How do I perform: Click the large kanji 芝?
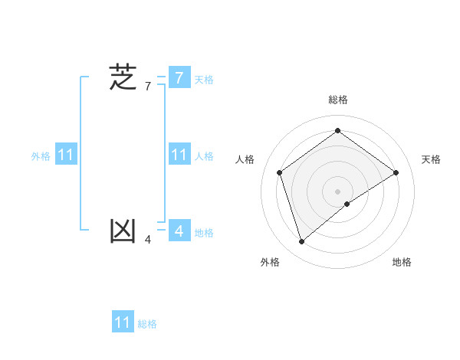(x=123, y=77)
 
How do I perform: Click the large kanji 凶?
(x=123, y=231)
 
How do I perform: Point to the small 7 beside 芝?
(x=148, y=87)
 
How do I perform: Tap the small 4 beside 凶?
(x=148, y=241)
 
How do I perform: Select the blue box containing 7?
(x=179, y=77)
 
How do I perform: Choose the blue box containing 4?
(x=179, y=230)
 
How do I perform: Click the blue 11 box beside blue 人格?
(x=179, y=155)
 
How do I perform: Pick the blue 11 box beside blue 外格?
(x=65, y=155)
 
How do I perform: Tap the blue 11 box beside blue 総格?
(x=123, y=322)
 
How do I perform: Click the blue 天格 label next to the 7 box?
(x=204, y=80)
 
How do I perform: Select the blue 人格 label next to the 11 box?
(x=204, y=156)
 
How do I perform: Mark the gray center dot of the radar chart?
(x=337, y=191)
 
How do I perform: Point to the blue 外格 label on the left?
(x=41, y=156)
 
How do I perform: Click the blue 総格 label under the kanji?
(x=147, y=324)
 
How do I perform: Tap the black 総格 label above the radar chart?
(x=337, y=100)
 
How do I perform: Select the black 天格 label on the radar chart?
(x=431, y=159)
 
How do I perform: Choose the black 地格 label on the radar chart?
(x=402, y=262)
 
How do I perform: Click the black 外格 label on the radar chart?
(x=269, y=262)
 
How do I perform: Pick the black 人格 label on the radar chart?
(x=245, y=159)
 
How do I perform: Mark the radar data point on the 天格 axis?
(x=396, y=172)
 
